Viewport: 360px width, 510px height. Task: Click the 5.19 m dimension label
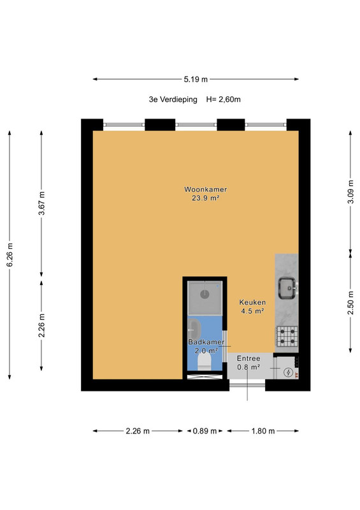(196, 79)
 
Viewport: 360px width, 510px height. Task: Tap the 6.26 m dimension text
(10, 255)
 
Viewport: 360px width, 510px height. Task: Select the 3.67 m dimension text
(41, 203)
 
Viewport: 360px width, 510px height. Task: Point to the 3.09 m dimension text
(350, 192)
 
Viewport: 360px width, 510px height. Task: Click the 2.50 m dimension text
(350, 303)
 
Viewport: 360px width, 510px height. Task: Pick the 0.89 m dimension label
(205, 431)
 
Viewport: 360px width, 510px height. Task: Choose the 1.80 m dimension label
(263, 431)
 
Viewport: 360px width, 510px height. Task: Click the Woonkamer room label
(206, 189)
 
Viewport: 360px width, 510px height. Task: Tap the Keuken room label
(252, 302)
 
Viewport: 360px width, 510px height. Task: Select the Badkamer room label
(206, 342)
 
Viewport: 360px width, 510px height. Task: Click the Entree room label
(248, 358)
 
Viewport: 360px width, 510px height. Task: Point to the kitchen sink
(287, 288)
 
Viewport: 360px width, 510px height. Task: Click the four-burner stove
(287, 337)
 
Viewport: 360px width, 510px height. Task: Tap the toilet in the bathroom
(205, 361)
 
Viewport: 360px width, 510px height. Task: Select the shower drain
(205, 295)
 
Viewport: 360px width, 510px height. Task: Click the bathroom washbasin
(194, 329)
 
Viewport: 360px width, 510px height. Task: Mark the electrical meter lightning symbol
(288, 372)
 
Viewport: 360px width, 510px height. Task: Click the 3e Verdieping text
(173, 99)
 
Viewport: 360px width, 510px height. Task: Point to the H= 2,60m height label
(224, 99)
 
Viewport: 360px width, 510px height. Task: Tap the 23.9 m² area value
(206, 198)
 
